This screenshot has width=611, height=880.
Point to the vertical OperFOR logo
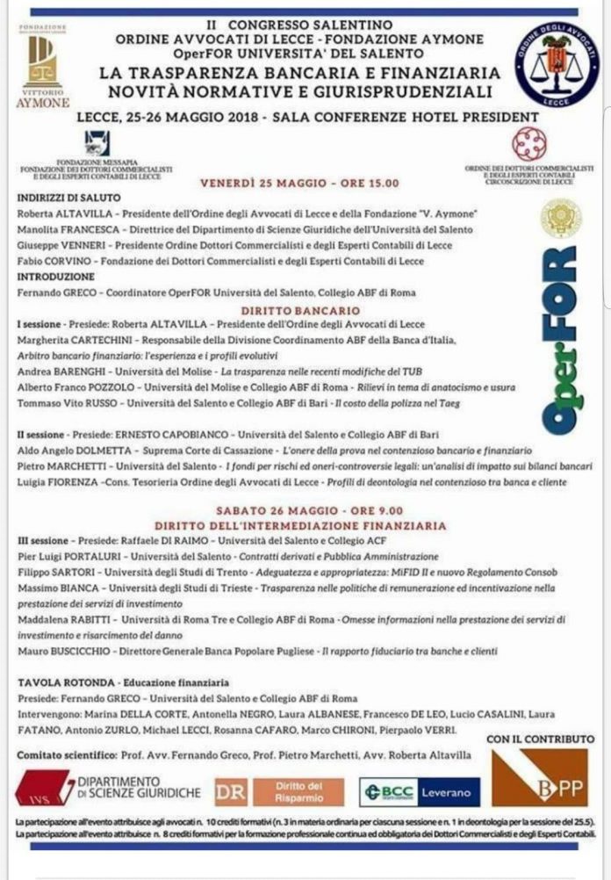[557, 339]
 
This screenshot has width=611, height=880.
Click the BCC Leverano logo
[420, 791]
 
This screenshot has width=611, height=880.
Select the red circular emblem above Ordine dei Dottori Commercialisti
[528, 142]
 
